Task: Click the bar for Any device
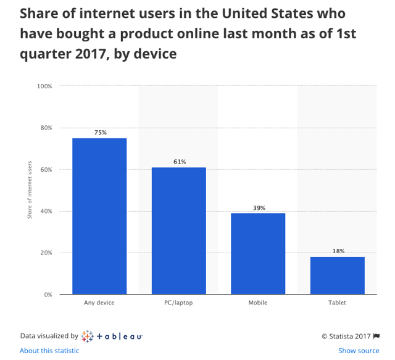[99, 216]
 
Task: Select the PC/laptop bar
[178, 230]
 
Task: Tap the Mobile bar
[258, 253]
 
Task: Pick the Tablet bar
[337, 275]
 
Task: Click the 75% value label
[100, 133]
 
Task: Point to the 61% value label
[179, 162]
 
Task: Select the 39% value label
[259, 208]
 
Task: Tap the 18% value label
[338, 251]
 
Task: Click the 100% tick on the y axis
[44, 86]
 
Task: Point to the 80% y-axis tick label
[46, 128]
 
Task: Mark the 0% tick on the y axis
[48, 295]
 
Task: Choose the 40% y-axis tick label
[46, 211]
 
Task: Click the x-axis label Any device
[99, 303]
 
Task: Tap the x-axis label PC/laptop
[179, 303]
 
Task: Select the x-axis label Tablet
[338, 303]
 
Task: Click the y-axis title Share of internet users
[30, 190]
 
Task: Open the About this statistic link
[49, 351]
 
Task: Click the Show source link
[359, 351]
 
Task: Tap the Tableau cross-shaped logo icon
[87, 337]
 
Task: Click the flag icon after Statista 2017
[376, 337]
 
